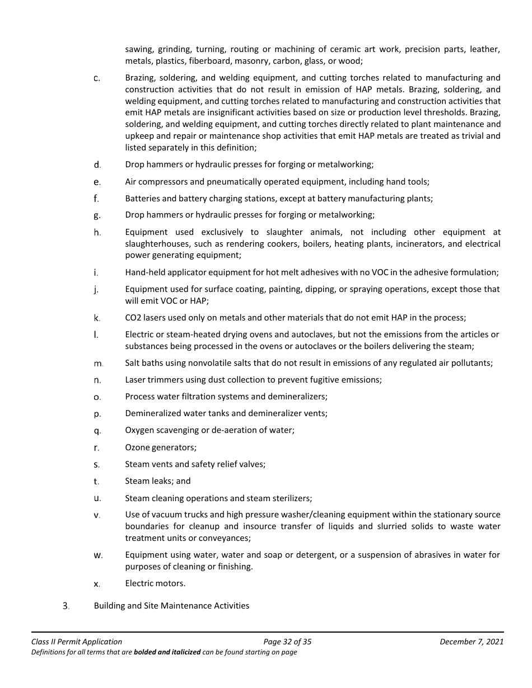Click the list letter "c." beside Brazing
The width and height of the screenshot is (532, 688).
[x=97, y=78]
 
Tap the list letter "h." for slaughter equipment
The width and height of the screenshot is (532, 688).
[x=97, y=233]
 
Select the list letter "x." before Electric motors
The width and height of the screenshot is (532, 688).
[x=97, y=584]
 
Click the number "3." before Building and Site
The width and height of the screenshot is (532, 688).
[x=66, y=606]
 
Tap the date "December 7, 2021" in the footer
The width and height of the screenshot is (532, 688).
[x=472, y=642]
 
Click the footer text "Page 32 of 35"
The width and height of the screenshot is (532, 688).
[x=287, y=642]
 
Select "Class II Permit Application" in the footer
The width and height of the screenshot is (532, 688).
[x=77, y=642]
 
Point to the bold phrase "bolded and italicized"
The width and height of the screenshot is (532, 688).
[x=167, y=652]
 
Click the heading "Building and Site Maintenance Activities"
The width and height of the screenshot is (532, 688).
[x=171, y=606]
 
